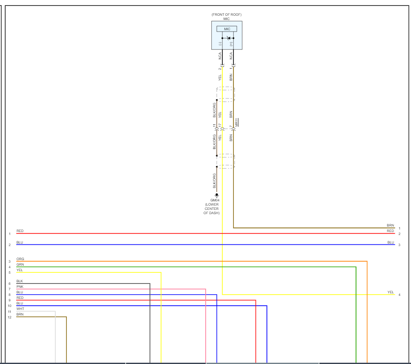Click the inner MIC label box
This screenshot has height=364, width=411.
coord(227,29)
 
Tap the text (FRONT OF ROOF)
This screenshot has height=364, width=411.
coord(227,14)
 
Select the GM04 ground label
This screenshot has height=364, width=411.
coord(215,200)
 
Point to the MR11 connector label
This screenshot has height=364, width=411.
coord(237,122)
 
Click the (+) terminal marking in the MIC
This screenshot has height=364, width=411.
coord(231,43)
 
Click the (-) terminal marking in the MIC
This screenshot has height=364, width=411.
coord(220,43)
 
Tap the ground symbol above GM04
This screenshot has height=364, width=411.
coord(216,195)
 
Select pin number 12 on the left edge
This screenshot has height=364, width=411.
coord(9,317)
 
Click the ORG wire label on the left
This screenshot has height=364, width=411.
coord(20,259)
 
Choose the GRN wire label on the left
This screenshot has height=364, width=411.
coord(20,264)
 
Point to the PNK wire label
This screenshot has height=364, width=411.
coord(20,287)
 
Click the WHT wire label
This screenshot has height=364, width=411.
coord(20,309)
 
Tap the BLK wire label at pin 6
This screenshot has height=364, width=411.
coord(20,281)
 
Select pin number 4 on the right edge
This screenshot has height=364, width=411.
coord(400,295)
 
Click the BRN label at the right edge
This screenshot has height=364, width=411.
coord(390,225)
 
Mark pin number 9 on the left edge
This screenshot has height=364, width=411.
coord(9,300)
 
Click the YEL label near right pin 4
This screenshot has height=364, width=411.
coord(391,292)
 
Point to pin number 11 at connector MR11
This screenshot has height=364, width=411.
coord(215,126)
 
